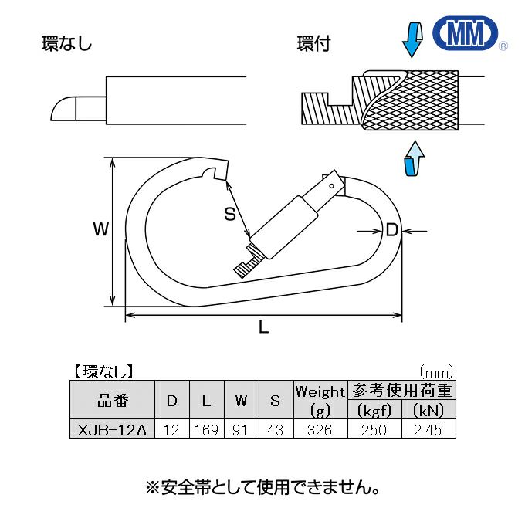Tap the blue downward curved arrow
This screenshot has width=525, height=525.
click(414, 38)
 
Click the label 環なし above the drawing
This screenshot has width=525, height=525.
click(66, 44)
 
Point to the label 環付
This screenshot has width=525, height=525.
click(313, 44)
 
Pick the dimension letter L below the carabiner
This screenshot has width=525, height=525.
click(263, 327)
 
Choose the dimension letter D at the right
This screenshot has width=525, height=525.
click(391, 229)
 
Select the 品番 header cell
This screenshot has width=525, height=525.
click(113, 400)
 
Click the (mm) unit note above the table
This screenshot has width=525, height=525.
click(435, 371)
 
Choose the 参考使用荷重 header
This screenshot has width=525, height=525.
click(401, 391)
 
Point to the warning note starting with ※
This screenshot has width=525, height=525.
click(262, 488)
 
